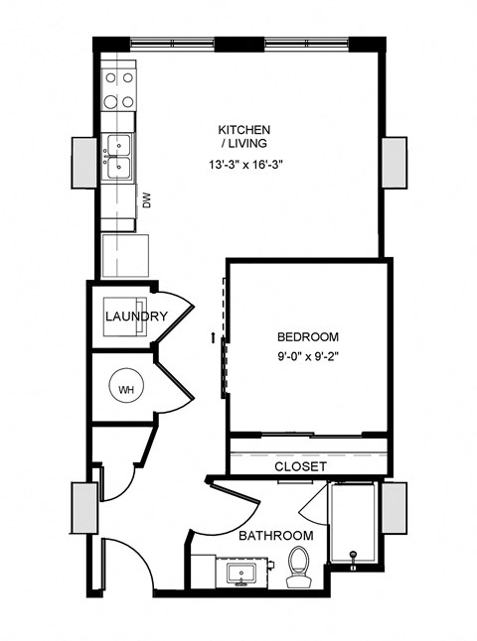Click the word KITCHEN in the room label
[244, 130]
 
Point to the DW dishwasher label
[147, 202]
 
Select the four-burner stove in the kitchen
[119, 90]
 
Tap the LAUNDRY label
[136, 317]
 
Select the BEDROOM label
[308, 336]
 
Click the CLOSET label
[300, 464]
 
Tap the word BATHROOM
[275, 536]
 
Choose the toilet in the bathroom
[299, 567]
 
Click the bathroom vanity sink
[239, 573]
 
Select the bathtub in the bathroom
[353, 526]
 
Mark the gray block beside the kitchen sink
[83, 160]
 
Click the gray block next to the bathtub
[396, 508]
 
